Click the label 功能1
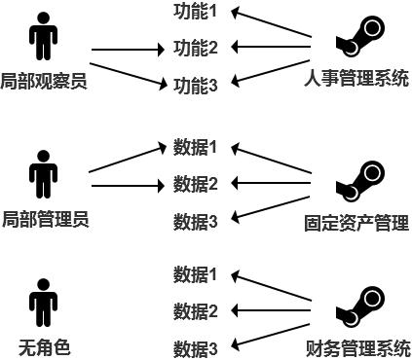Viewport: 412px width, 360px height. click(195, 12)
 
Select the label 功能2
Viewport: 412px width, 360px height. click(195, 48)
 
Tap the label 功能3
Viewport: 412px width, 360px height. click(195, 86)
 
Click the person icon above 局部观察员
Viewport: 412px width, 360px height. click(43, 36)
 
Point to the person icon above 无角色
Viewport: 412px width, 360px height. click(43, 303)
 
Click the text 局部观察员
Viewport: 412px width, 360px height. click(44, 81)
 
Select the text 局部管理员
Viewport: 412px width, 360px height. click(45, 218)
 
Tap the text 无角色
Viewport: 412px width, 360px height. click(44, 346)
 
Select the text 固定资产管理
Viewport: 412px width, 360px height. click(356, 223)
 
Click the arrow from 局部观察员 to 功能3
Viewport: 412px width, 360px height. click(127, 74)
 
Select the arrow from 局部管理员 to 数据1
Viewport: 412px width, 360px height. click(127, 159)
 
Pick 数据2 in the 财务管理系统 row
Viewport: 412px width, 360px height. click(195, 311)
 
